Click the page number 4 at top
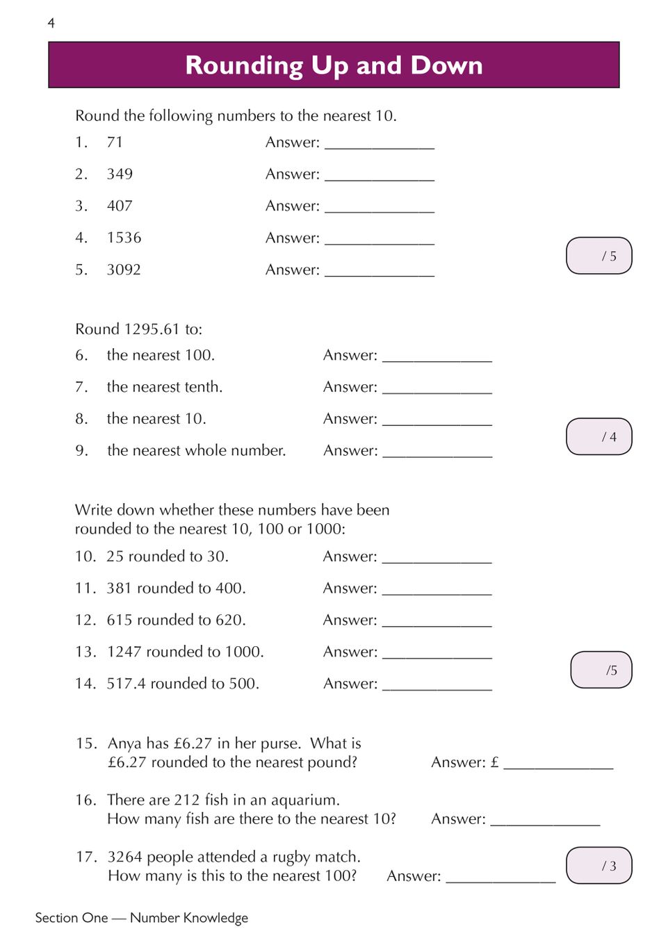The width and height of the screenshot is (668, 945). click(51, 24)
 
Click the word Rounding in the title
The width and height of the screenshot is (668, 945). click(244, 65)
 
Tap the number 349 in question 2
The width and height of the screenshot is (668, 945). click(120, 174)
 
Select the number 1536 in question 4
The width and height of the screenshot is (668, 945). click(124, 238)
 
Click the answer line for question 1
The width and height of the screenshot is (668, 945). click(380, 147)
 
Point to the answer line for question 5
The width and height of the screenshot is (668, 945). click(380, 274)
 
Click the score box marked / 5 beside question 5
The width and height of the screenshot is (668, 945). click(599, 256)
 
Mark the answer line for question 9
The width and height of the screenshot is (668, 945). click(437, 455)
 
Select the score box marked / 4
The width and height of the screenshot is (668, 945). click(599, 436)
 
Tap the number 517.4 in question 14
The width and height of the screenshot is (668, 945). click(126, 684)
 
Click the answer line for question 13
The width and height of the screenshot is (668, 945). click(437, 656)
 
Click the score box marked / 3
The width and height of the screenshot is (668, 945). click(599, 865)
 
